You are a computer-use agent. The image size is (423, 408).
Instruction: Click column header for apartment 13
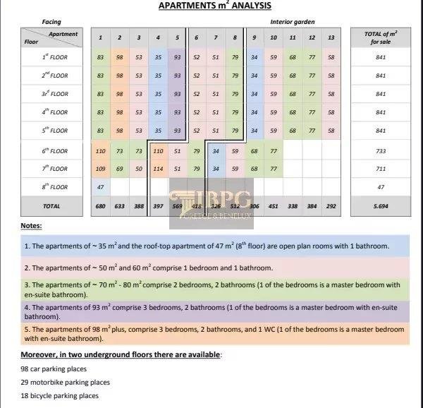331,37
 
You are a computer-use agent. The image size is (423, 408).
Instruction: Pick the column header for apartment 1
101,37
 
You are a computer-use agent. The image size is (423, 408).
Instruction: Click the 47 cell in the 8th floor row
101,187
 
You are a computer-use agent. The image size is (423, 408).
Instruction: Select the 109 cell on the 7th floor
101,169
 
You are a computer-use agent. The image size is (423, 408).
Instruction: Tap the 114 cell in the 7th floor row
158,169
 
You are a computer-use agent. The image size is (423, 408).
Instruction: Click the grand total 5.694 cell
381,206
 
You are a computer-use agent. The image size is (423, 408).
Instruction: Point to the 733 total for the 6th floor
381,151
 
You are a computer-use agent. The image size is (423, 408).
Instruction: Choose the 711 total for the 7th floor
381,169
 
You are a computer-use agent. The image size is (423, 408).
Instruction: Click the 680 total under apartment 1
101,206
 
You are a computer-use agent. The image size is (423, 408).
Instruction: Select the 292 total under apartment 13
331,206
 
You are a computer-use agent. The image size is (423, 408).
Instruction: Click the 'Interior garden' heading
293,22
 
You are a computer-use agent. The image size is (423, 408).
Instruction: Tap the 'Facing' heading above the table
51,22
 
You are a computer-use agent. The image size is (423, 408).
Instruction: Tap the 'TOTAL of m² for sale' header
381,37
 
